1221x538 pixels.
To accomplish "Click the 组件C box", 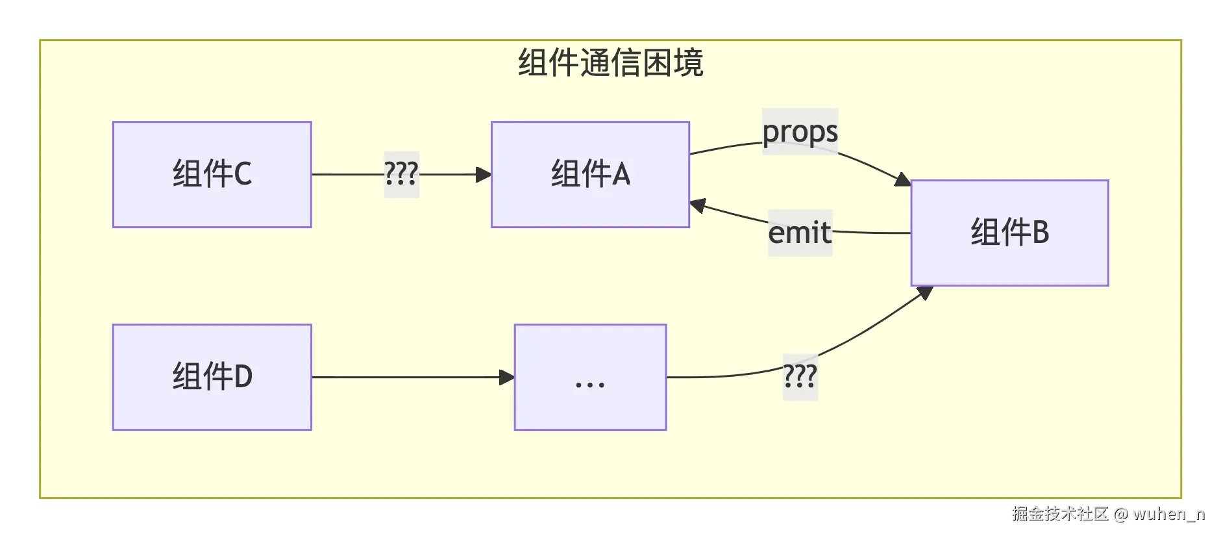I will point(212,174).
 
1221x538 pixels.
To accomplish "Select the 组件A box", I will point(589,174).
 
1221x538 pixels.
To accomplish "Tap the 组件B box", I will point(1009,233).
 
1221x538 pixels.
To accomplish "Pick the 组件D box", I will point(212,377).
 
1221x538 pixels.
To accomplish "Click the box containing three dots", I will point(589,377).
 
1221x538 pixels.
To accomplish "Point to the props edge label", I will point(800,132).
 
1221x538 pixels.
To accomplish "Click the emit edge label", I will point(800,233).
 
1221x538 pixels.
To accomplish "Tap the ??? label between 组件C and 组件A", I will point(401,174).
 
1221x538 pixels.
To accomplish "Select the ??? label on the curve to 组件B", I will point(800,377).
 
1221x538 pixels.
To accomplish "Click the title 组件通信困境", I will point(610,63).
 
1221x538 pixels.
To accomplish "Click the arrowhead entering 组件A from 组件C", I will point(484,174).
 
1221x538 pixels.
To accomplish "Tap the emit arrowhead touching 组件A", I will point(698,206).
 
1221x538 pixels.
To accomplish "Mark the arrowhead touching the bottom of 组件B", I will point(925,292).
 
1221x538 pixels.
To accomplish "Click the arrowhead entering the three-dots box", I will point(506,377).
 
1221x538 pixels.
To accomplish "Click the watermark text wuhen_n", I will point(1169,514).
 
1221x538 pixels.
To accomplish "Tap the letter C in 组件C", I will point(242,174).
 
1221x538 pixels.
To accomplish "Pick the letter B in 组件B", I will point(1040,233).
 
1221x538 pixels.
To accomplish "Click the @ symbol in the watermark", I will point(1121,515).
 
